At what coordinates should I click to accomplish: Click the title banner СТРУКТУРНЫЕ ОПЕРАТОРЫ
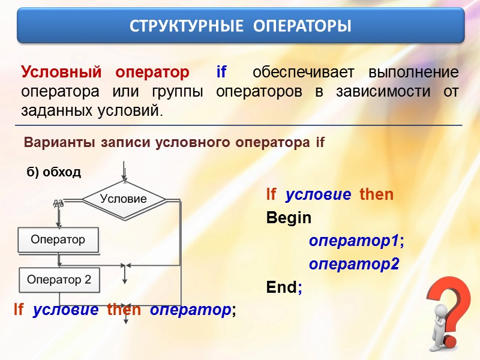(x=240, y=26)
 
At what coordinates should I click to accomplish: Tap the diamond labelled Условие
(x=123, y=198)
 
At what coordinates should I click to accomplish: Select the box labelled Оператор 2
(x=59, y=280)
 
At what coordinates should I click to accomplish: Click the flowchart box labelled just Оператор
(x=58, y=240)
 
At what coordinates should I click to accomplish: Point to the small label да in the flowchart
(x=58, y=203)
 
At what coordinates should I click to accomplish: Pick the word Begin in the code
(x=289, y=218)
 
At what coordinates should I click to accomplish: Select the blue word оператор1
(x=353, y=241)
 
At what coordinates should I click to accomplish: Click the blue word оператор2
(x=353, y=265)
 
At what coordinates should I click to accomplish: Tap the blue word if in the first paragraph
(x=221, y=73)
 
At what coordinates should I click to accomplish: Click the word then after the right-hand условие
(x=376, y=194)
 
